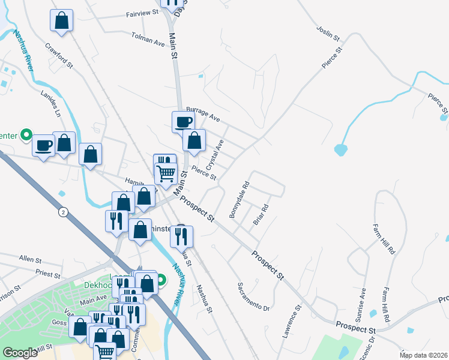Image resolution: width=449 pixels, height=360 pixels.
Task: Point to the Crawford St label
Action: [58, 54]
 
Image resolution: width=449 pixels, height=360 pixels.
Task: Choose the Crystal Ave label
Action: [214, 154]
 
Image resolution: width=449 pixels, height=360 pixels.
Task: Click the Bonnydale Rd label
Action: [239, 200]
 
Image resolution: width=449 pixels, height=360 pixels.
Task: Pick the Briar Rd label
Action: [260, 215]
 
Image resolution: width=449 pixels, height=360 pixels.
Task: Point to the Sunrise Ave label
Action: [363, 301]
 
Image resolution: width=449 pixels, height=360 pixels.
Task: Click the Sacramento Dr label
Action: [253, 296]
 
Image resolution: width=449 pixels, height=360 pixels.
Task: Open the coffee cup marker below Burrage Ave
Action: [183, 122]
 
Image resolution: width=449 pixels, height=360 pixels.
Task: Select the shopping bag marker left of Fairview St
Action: [62, 20]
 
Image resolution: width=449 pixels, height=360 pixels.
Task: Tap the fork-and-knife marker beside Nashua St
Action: [181, 236]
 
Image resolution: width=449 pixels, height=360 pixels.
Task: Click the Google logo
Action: [20, 353]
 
